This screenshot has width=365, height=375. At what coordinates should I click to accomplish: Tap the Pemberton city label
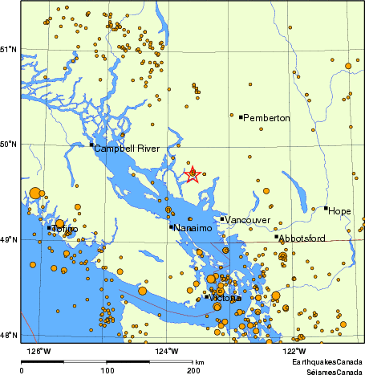point(267,119)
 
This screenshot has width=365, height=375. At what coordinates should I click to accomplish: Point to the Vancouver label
point(247,220)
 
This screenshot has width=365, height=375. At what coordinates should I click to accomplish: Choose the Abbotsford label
point(303,238)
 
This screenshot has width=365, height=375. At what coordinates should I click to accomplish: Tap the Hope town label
point(340,211)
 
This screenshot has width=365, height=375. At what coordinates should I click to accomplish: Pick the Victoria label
point(225,299)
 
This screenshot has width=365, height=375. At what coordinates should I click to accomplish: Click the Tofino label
point(65,230)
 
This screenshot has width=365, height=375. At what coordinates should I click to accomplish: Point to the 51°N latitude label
point(9,50)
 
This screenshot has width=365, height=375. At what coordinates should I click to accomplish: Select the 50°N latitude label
point(9,145)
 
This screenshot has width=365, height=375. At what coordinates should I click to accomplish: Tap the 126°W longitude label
point(39,350)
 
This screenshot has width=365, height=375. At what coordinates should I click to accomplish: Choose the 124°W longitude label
point(167,350)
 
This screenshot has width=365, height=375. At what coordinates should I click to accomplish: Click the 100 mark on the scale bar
point(107,370)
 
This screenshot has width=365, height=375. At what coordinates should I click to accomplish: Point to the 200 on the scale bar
point(193,370)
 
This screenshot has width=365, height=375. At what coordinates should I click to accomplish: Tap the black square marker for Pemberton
point(241,117)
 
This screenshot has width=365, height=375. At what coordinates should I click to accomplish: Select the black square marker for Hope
point(326,208)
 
